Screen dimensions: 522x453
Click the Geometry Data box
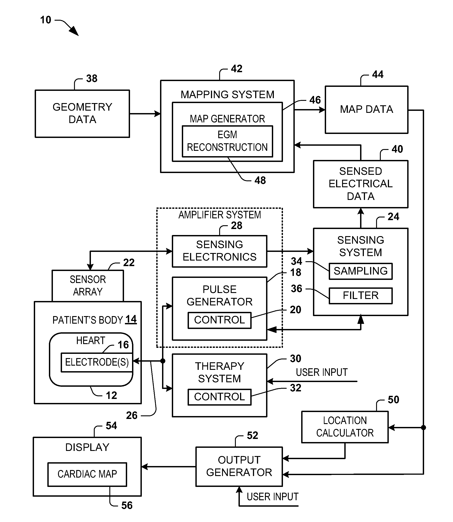point(82,114)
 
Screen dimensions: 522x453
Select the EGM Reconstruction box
point(227,141)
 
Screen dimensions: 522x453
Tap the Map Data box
point(366,110)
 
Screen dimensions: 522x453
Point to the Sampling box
point(361,271)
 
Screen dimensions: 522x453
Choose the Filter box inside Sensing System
point(361,295)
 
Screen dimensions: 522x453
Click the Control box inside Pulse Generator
point(219,320)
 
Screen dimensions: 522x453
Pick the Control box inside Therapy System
point(219,397)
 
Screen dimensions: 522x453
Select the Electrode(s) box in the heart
point(97,362)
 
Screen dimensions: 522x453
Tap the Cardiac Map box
point(87,474)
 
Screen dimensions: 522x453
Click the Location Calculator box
point(345,427)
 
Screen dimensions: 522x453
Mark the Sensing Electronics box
point(219,251)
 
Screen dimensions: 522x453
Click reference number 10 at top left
point(46,20)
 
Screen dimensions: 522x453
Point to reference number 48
point(260,180)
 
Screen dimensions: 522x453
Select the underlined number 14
point(131,319)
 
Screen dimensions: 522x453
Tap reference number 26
point(132,415)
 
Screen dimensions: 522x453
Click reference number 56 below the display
point(127,505)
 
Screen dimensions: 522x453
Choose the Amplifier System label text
point(219,215)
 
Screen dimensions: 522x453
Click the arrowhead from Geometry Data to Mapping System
point(158,114)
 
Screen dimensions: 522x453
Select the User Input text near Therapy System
point(322,372)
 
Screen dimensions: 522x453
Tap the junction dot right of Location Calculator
point(423,428)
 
